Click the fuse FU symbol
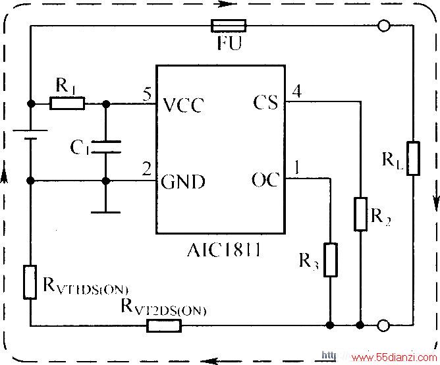coord(229,26)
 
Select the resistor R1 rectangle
coord(67,103)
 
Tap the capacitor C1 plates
coord(106,147)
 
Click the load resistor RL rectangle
coord(414,159)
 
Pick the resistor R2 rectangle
coord(360,215)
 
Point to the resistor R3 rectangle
coord(331,260)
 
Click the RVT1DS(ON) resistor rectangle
coord(30,282)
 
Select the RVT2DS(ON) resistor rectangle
coord(164,325)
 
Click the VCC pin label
coord(184,105)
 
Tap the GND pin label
coord(183,181)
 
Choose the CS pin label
coord(265,102)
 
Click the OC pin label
coord(265,180)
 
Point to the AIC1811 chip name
coord(224,250)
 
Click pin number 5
coord(147,94)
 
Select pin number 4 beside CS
coord(297,91)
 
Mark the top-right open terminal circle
coord(384,26)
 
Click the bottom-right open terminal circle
coord(383,325)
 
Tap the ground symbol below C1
coord(106,212)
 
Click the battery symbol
coord(30,134)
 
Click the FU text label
coord(229,43)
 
